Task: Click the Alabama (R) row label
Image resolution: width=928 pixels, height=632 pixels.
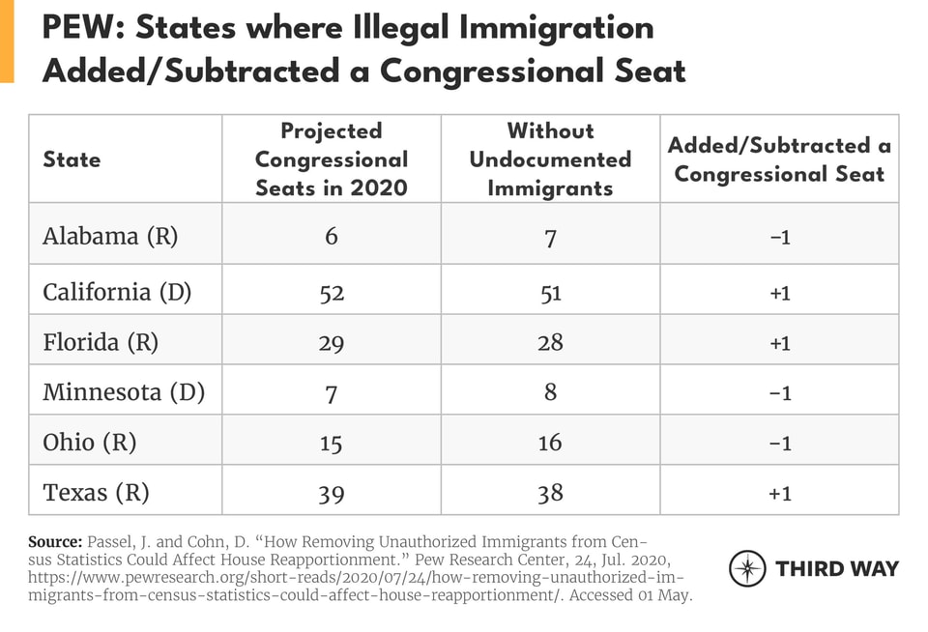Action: tap(110, 237)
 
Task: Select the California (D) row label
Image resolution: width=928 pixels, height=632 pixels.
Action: tap(118, 291)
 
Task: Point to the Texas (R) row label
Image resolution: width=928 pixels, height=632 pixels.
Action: tap(96, 493)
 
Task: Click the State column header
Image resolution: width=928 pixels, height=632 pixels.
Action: tap(72, 159)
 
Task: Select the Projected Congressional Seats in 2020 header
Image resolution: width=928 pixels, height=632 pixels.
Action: tap(332, 159)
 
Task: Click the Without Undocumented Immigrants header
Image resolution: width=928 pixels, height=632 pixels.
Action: tap(550, 159)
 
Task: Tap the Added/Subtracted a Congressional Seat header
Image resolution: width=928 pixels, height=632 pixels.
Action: tap(779, 159)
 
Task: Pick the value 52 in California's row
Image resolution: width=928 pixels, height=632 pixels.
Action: tap(332, 292)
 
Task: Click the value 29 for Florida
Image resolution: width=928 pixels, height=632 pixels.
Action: tap(332, 342)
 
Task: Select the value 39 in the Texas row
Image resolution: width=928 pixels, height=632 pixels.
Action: tap(332, 494)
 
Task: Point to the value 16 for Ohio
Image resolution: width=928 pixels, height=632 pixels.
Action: tap(550, 444)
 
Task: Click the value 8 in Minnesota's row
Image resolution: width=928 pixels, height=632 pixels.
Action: tap(550, 393)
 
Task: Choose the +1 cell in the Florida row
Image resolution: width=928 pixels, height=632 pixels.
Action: tap(779, 342)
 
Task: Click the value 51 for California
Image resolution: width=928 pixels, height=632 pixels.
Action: tap(550, 292)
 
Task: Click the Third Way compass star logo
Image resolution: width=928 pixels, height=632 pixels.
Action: tap(747, 568)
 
